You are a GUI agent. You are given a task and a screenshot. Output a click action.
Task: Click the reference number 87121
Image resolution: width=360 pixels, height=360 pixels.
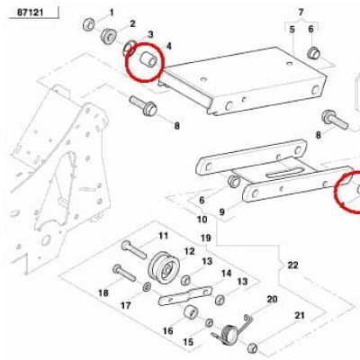click(31, 13)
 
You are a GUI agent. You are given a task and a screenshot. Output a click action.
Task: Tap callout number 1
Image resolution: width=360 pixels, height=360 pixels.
click(112, 13)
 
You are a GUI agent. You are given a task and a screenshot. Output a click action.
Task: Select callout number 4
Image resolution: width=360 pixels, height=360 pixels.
click(169, 46)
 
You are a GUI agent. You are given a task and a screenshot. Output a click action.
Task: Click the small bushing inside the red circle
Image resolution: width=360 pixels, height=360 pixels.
click(148, 58)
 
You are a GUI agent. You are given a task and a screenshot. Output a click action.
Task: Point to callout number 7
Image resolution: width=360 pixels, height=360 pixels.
click(301, 12)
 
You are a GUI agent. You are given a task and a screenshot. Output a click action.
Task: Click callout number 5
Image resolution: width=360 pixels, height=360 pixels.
click(292, 30)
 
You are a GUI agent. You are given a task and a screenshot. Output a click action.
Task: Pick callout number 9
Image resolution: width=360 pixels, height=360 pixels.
click(222, 211)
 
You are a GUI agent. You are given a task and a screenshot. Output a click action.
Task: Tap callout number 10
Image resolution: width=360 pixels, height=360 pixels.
click(202, 220)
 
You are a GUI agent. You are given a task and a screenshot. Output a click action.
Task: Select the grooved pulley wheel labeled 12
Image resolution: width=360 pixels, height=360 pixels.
click(164, 267)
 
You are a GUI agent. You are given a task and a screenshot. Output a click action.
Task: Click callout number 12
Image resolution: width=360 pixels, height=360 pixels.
click(190, 251)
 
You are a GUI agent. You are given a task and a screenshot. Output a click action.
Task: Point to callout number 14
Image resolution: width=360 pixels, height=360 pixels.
click(227, 274)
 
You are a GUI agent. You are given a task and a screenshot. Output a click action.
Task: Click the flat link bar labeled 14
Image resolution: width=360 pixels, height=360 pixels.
click(185, 295)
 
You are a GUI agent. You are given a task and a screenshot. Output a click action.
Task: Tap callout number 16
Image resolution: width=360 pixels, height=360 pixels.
click(168, 330)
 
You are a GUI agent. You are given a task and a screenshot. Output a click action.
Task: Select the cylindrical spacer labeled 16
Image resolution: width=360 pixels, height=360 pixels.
click(191, 312)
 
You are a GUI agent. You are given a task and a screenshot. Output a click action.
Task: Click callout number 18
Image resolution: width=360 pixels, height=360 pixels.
click(103, 292)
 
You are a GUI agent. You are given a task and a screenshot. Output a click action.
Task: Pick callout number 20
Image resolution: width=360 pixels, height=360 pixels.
click(272, 299)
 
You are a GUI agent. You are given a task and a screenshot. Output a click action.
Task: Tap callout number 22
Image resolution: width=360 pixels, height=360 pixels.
click(292, 265)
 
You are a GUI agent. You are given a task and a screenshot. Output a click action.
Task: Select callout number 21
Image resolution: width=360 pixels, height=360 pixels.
click(300, 316)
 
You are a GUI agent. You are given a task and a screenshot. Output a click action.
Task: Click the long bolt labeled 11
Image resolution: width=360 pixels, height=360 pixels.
click(134, 250)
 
